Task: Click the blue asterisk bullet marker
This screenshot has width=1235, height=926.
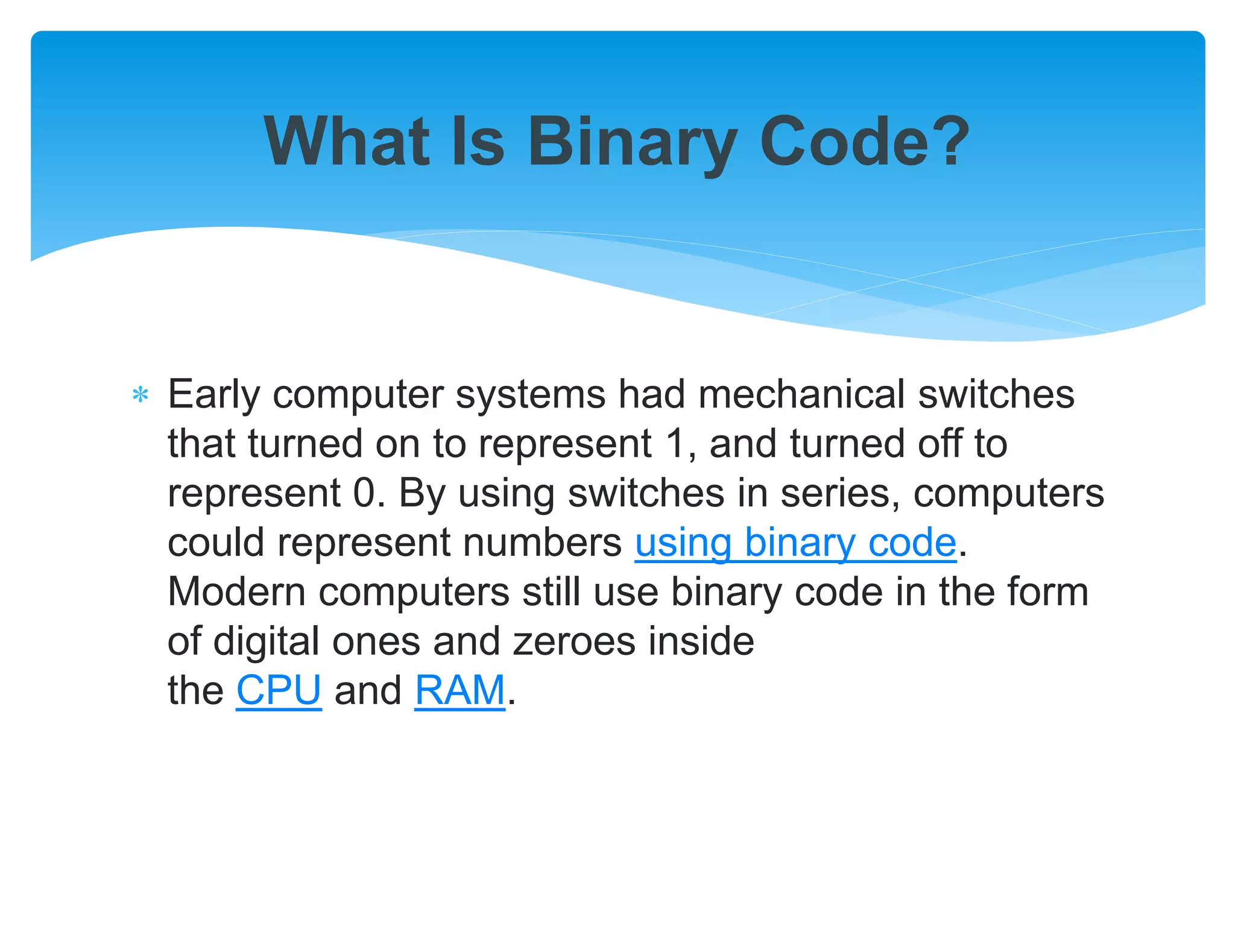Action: point(141,396)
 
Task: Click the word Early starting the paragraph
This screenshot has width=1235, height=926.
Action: point(213,395)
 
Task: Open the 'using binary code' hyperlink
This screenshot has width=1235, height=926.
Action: point(795,542)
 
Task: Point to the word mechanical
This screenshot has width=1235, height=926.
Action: point(801,395)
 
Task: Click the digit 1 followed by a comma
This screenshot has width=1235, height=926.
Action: point(675,444)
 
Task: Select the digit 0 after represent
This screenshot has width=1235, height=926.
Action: point(364,493)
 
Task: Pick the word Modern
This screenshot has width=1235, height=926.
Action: point(236,591)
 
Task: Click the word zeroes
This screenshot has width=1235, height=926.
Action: point(574,641)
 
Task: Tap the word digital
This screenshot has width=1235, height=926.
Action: point(266,641)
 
